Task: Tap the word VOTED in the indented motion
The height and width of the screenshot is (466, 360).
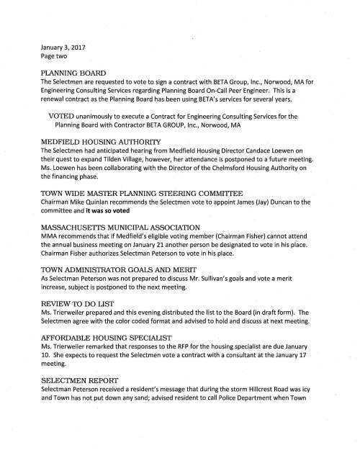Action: coord(64,116)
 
